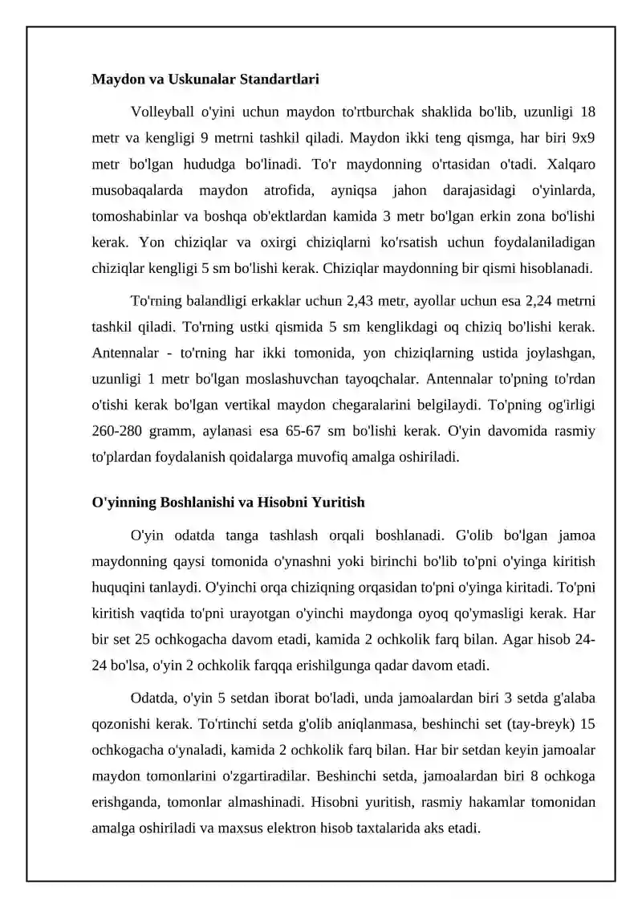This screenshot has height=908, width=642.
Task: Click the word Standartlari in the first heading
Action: point(276,79)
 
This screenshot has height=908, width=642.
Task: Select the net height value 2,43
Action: point(365,300)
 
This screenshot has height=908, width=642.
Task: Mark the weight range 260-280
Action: point(118,432)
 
